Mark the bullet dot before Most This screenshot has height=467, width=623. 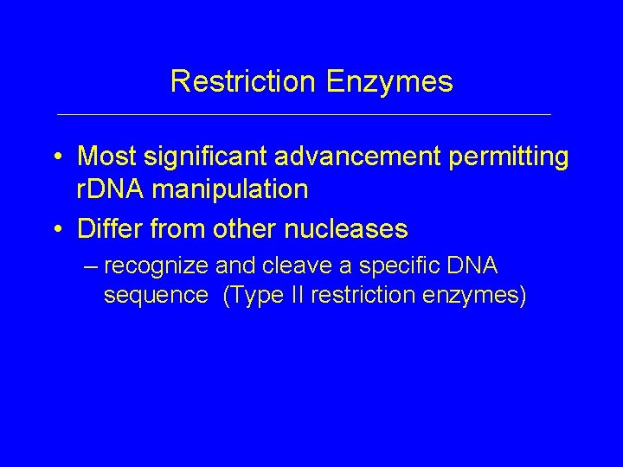click(x=57, y=158)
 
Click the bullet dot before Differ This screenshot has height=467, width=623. click(x=57, y=229)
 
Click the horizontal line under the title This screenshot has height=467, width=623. click(x=303, y=114)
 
